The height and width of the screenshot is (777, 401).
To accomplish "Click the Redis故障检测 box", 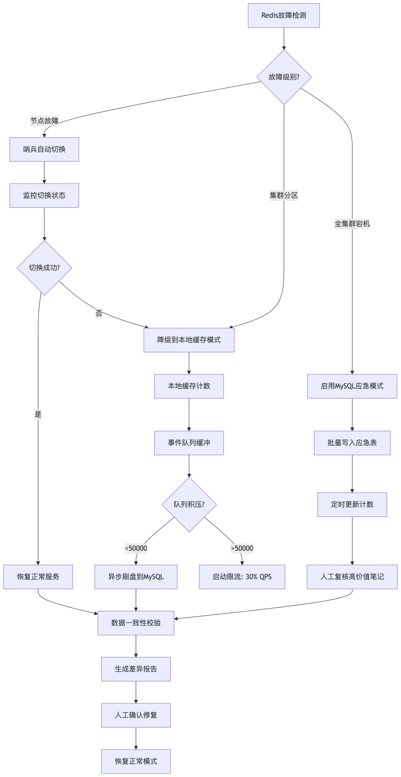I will coord(284,16).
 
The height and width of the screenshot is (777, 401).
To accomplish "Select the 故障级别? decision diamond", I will coord(284,77).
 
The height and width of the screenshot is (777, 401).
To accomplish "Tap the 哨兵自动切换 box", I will coord(44,149).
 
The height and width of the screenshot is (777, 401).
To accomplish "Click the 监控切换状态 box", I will coord(44,196).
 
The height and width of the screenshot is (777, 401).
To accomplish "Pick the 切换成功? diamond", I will coord(44,268).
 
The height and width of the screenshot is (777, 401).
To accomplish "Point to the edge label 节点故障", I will coord(44,121).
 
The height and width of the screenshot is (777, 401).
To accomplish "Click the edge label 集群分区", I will coord(284,196).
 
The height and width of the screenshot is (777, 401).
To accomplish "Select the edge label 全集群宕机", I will coord(352,224).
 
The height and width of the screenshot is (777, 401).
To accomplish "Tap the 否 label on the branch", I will coord(99,313).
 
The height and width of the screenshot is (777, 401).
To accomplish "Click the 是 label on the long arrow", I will coord(38,415).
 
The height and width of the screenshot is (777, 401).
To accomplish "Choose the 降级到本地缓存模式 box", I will coord(189,340).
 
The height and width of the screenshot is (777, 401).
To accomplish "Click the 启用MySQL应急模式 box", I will coord(352,386).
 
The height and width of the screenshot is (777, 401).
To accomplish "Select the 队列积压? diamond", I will coord(189,504).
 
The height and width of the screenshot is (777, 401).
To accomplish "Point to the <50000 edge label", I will coord(136,548).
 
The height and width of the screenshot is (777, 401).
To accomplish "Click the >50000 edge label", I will coord(242,548).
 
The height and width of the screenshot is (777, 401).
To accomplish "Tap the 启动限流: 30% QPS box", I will coord(242,577).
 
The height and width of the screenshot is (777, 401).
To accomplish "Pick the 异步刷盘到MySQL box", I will coord(136,577).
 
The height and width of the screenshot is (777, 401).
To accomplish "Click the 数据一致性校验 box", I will coord(136,623).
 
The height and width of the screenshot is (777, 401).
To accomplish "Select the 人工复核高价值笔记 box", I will coord(352,577).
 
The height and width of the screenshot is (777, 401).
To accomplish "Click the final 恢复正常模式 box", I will coord(136,761).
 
